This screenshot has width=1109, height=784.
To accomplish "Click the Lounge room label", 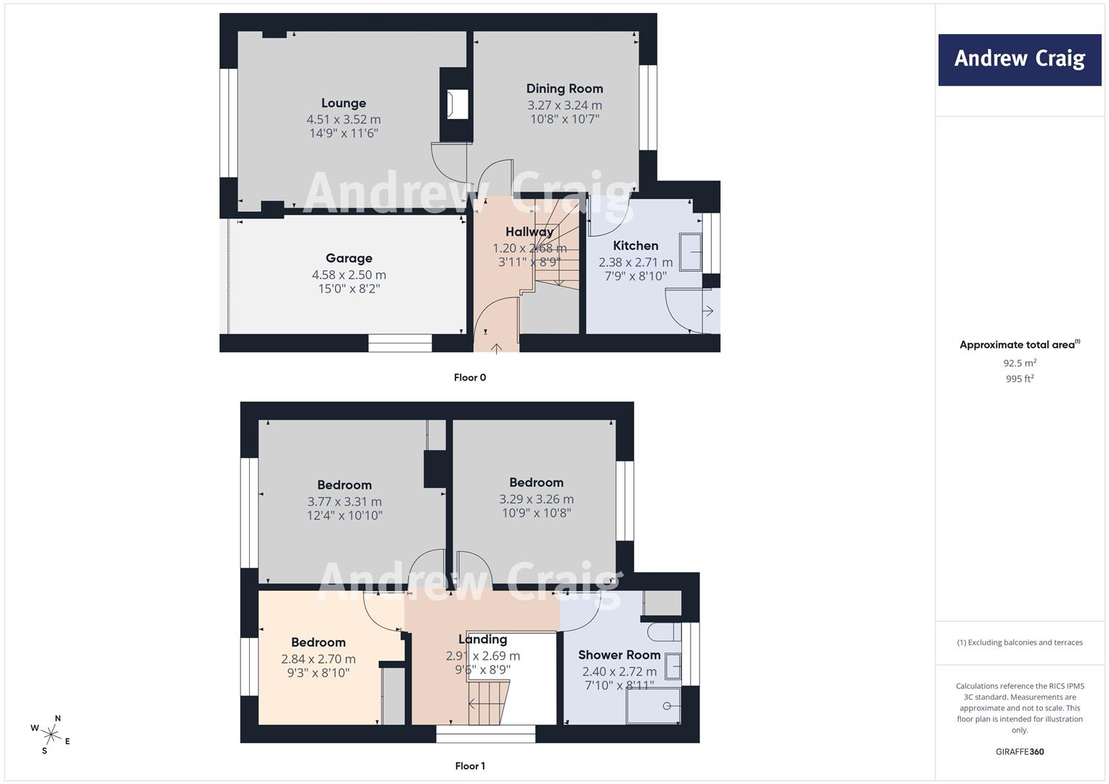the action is point(344,103).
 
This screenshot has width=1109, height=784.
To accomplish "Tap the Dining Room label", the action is point(564,89).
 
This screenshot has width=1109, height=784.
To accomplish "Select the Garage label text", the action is point(349,258).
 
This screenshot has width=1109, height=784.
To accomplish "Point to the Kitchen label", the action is point(635,245).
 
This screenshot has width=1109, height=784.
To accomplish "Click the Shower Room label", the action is point(619,655).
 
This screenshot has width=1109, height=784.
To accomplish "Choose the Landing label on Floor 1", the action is point(483,640).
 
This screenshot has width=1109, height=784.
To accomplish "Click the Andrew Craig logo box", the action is point(1020,60).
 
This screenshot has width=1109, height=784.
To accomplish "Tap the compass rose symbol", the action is point(51,735).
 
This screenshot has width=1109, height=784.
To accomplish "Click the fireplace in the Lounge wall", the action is point(457,104).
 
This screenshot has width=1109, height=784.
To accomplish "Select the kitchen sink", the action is point(691,252).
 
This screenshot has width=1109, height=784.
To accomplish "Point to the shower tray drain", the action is point(667,706).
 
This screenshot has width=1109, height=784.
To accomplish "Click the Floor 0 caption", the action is point(470,377).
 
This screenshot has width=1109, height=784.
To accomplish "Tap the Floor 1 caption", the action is point(470,766).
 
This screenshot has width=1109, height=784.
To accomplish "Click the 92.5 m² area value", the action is point(1020,363).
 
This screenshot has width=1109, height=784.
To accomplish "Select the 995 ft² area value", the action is point(1020,379).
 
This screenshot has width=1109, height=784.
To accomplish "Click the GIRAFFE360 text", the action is point(1020,752).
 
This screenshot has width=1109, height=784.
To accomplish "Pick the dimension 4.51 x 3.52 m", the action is point(344,119).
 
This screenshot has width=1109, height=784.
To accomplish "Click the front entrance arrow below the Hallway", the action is point(496,348).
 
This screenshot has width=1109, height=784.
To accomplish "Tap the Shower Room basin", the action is point(673,666).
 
